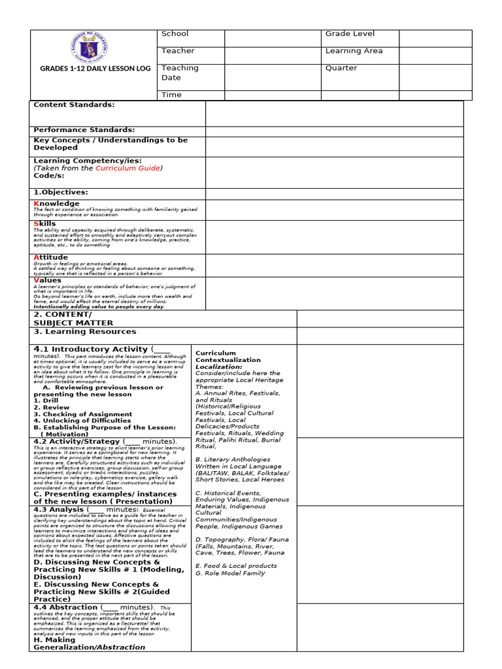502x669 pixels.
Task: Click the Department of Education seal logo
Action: [x=88, y=48]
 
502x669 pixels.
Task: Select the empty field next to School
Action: [x=273, y=38]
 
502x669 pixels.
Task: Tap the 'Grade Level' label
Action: [x=350, y=34]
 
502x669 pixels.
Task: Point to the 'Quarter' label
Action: [x=341, y=68]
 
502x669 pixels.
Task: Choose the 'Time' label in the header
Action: [x=171, y=95]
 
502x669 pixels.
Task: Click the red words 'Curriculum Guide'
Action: [x=127, y=168]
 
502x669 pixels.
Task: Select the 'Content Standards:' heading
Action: [x=74, y=105]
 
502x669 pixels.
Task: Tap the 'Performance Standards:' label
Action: [x=84, y=129]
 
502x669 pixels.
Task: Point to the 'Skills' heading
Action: [x=44, y=223]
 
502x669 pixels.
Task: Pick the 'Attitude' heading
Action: [x=50, y=257]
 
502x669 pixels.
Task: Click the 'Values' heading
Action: [x=47, y=280]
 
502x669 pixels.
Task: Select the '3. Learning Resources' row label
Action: [x=85, y=332]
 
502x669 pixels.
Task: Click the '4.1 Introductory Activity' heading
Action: [x=90, y=350]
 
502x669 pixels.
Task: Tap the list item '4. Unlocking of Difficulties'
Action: [x=83, y=421]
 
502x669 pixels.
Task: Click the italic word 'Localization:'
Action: [x=219, y=367]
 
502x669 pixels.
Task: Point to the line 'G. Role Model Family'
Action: [x=230, y=573]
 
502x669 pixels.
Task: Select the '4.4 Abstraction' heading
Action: [x=65, y=607]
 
